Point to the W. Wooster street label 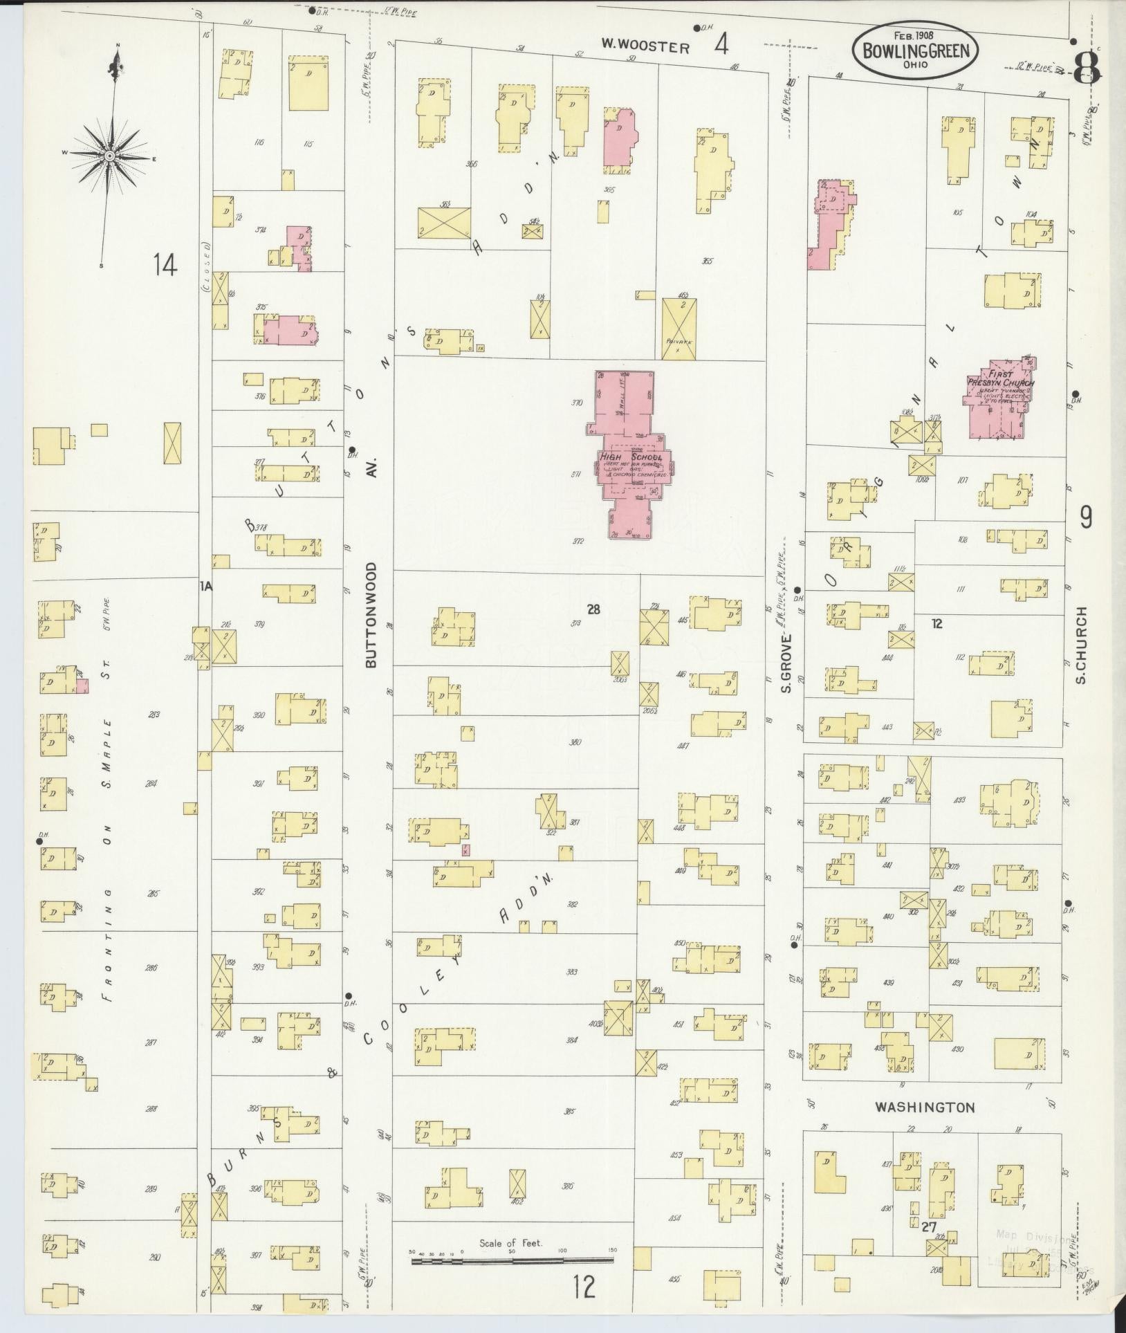point(645,47)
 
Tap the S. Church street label point(1080,645)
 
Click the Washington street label point(924,1107)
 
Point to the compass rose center point(109,157)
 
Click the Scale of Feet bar point(513,1261)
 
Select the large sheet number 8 point(1087,67)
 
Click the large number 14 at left point(166,265)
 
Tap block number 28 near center point(593,609)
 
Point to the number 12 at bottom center point(584,1287)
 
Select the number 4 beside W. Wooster point(721,46)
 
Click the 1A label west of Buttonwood point(205,587)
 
